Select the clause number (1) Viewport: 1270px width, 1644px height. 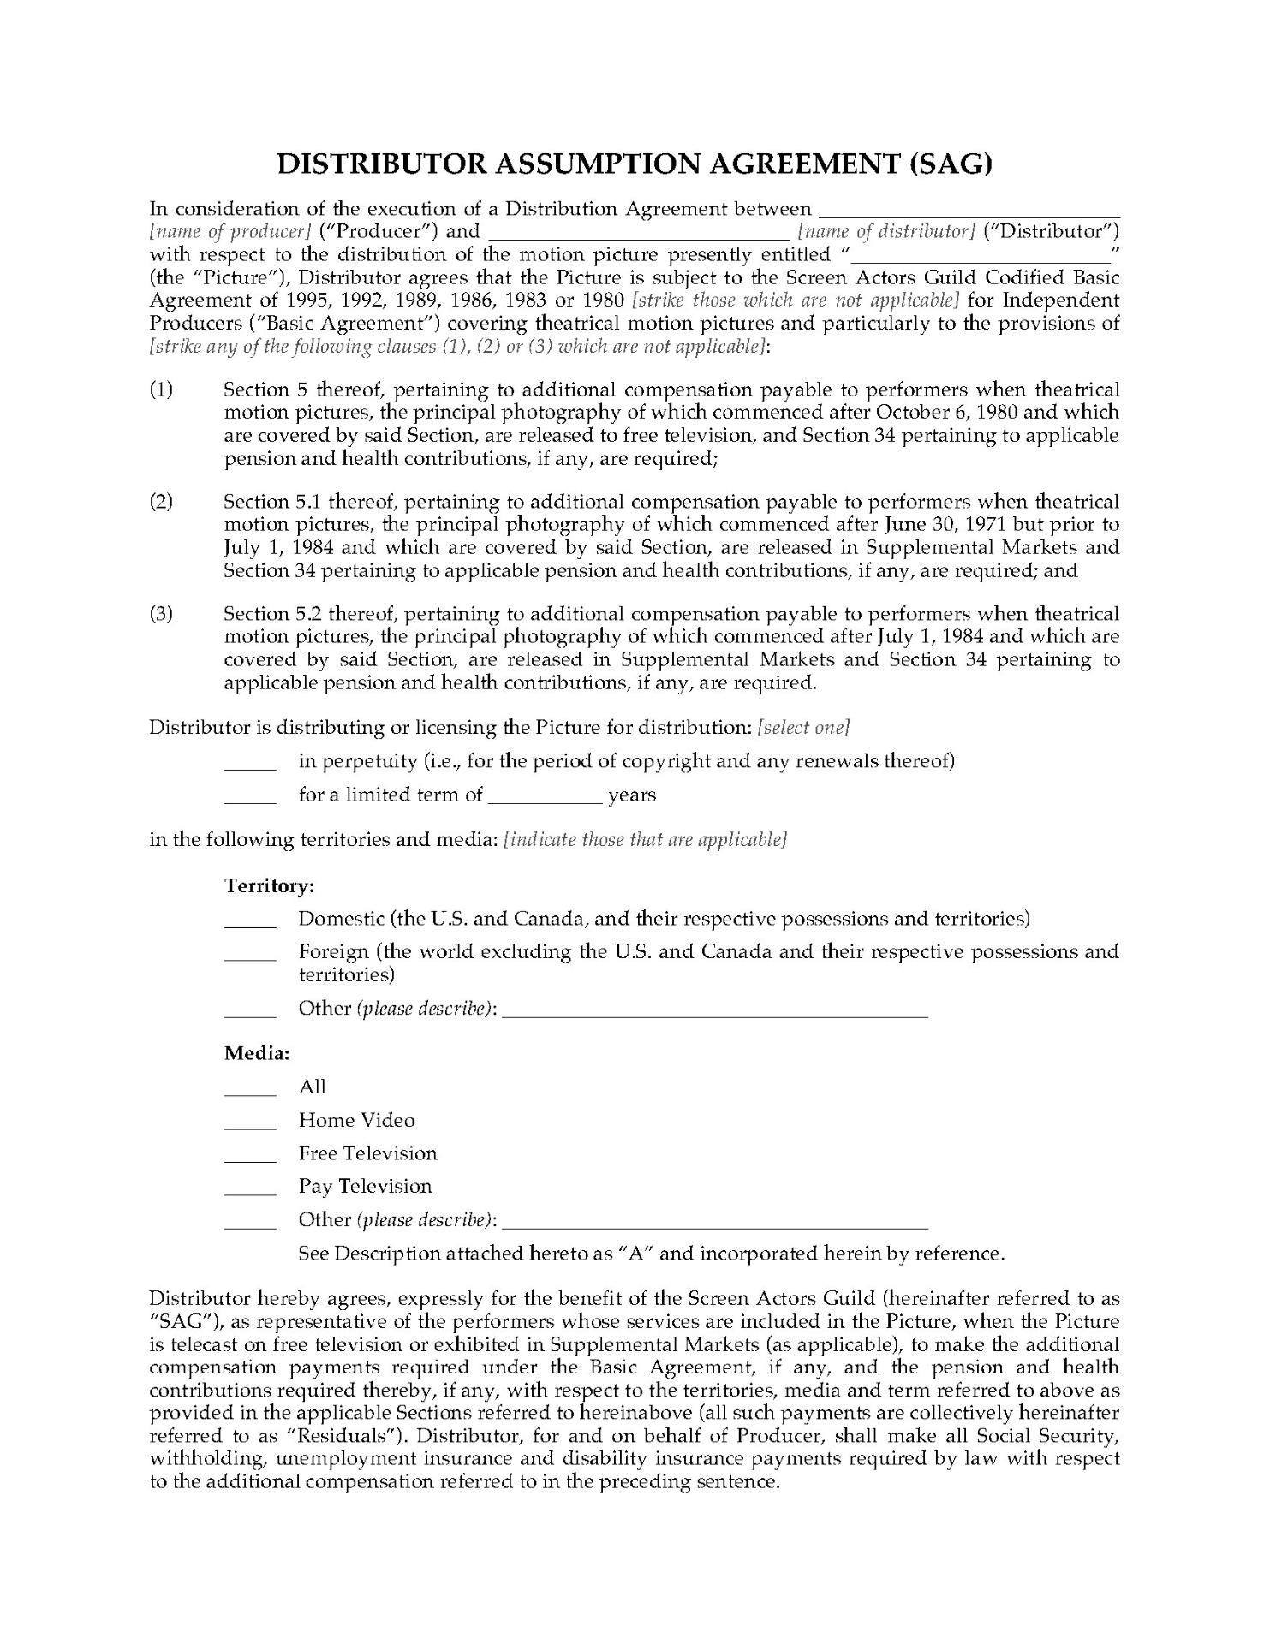click(x=161, y=390)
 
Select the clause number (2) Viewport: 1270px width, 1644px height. click(x=161, y=502)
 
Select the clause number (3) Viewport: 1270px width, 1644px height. click(x=161, y=614)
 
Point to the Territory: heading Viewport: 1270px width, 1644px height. click(x=269, y=885)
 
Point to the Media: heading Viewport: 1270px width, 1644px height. click(x=257, y=1053)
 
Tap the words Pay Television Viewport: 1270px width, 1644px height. click(x=365, y=1187)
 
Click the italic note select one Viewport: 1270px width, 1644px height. click(x=803, y=728)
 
